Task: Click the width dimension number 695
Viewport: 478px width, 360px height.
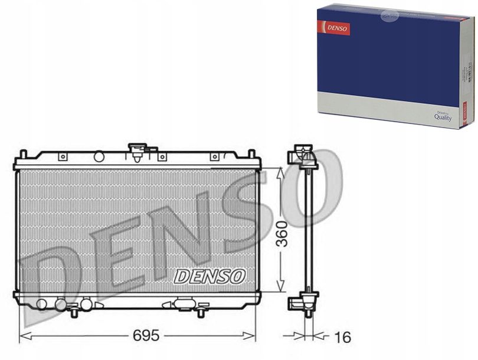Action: (145, 336)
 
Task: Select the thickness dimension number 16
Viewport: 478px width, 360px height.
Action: (342, 337)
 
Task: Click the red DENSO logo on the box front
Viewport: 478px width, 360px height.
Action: (334, 28)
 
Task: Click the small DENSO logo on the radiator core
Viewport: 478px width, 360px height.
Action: (210, 275)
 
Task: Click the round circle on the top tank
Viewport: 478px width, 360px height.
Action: (99, 156)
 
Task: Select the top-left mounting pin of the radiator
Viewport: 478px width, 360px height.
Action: (23, 154)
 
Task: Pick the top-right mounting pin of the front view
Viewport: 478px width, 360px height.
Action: (252, 154)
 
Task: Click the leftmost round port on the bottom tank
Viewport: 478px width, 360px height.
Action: (41, 304)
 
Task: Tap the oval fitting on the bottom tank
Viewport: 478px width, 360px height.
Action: (184, 304)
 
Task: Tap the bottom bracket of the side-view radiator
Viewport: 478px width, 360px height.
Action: (302, 303)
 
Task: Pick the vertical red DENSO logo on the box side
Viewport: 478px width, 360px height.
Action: (464, 113)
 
